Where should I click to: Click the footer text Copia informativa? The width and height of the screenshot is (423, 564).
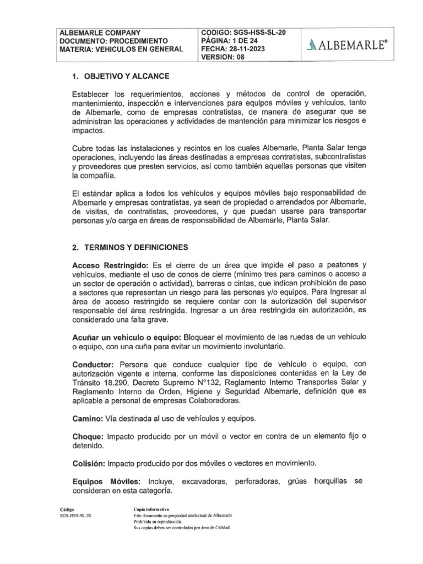click(151, 509)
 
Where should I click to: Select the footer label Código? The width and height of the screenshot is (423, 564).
click(67, 509)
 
